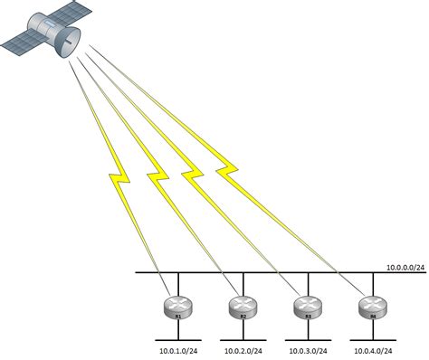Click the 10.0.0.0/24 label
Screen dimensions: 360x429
coord(404,267)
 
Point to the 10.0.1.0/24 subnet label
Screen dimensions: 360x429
coord(177,349)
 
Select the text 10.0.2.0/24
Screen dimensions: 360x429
coord(242,349)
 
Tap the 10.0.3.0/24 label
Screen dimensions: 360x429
coord(307,349)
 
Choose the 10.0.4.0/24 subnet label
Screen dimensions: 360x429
coord(371,349)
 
